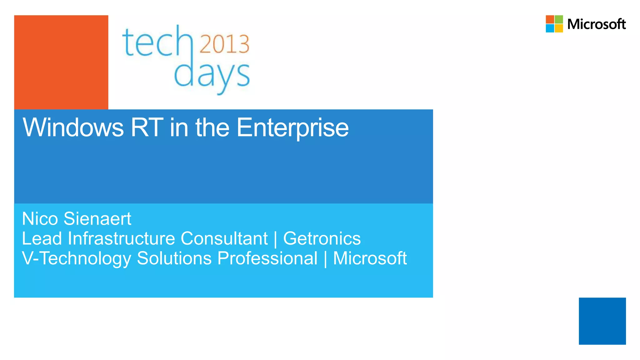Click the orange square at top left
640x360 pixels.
pos(61,62)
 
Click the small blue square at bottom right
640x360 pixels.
pos(602,321)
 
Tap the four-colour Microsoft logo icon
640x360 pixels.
pos(554,24)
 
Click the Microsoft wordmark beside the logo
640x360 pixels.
pos(596,24)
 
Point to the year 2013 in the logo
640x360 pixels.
pos(224,44)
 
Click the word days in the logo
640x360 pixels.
pos(212,75)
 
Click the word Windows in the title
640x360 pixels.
pos(73,127)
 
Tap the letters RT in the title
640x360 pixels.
pos(147,127)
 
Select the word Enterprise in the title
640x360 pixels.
pos(292,127)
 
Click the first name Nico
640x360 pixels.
pos(40,218)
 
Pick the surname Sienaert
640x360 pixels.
pos(97,218)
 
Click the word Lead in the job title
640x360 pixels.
pos(42,238)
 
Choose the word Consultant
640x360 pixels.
pos(224,238)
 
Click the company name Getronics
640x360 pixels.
pos(322,238)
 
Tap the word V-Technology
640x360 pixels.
pos(77,258)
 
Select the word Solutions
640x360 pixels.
pos(174,258)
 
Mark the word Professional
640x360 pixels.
pos(267,258)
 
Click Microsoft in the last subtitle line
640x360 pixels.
pos(370,258)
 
